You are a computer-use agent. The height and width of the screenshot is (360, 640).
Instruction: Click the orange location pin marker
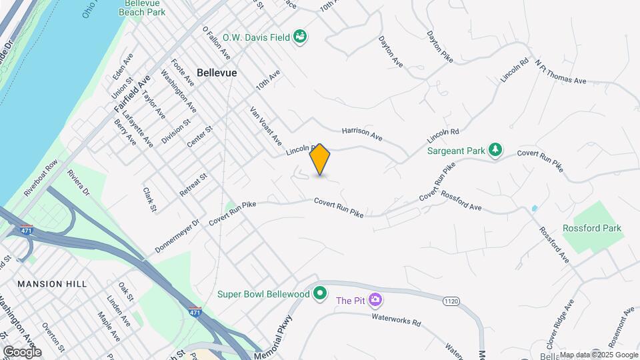tap(320, 159)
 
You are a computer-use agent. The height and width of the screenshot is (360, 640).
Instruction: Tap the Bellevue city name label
tap(217, 73)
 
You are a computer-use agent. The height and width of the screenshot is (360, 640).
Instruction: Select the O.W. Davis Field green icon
tap(301, 37)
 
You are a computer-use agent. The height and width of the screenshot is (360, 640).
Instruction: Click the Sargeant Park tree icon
tap(495, 151)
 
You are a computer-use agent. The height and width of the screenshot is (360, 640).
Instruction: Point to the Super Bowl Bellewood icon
tap(321, 293)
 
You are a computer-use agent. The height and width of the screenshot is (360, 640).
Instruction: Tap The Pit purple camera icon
tap(375, 300)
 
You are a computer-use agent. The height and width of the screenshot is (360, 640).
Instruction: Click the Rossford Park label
tap(591, 228)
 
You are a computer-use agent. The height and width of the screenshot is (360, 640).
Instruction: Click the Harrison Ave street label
tap(362, 134)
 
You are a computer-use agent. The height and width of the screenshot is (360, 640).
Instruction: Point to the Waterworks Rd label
tap(398, 322)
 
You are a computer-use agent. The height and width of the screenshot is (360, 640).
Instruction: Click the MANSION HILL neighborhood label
tap(52, 284)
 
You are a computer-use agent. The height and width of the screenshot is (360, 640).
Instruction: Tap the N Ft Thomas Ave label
tap(560, 72)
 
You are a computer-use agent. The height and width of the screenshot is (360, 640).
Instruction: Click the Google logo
tap(22, 352)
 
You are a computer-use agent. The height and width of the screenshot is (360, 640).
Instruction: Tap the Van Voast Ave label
tap(266, 129)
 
